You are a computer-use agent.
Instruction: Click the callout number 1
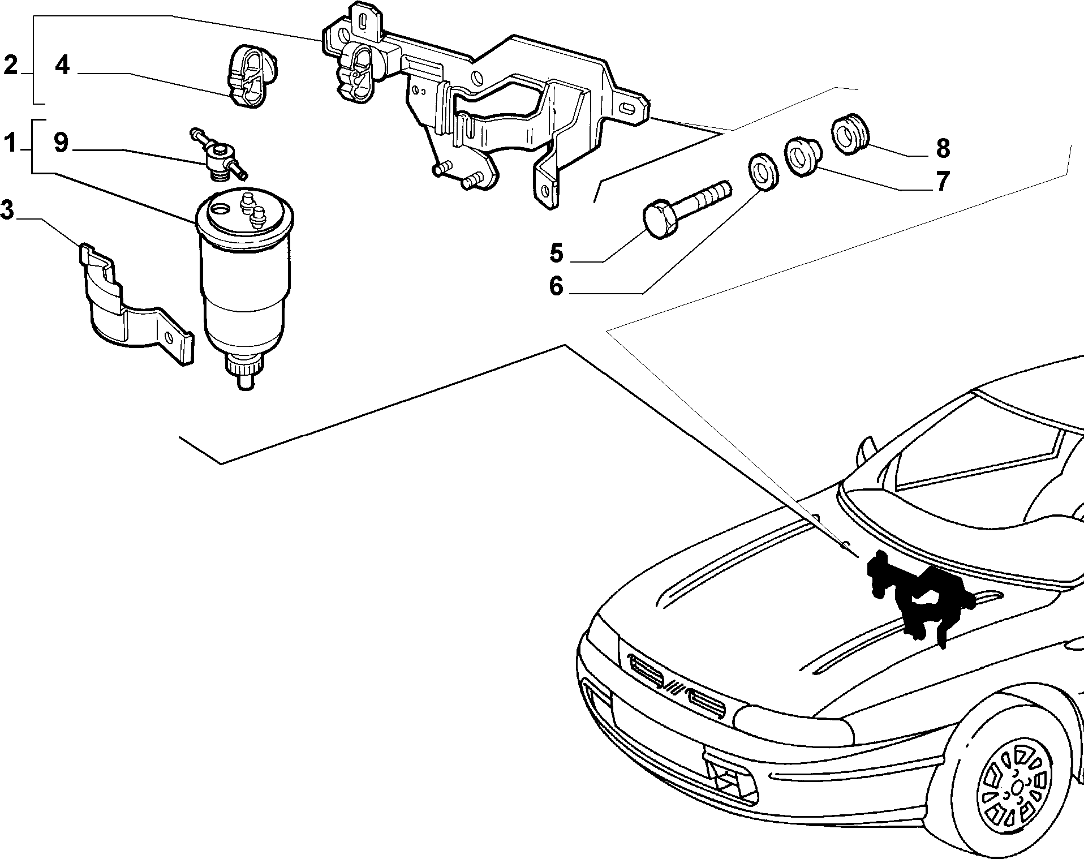(10, 143)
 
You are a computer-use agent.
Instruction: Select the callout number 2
(10, 65)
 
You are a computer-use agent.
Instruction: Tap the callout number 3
(7, 210)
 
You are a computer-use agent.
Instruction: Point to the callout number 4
(62, 65)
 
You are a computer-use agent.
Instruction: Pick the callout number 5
(557, 253)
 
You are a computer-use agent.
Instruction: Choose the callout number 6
(557, 286)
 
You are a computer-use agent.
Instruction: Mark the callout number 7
(941, 181)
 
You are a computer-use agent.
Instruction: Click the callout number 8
(943, 148)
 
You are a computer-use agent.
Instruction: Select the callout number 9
(61, 143)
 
